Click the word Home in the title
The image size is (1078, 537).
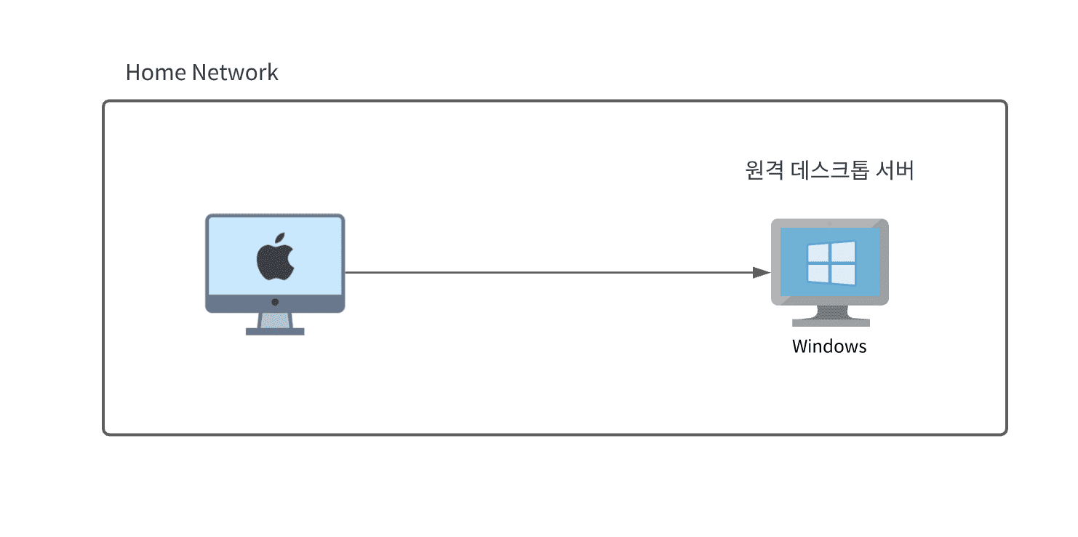(155, 73)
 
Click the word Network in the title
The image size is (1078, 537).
(235, 73)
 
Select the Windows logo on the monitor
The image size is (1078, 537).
(831, 263)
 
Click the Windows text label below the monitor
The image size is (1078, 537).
(829, 346)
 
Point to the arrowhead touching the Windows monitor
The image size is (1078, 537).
(761, 273)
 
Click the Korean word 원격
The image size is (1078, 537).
(764, 171)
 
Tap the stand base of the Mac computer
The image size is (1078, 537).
(275, 331)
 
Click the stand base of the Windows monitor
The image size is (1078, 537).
(830, 321)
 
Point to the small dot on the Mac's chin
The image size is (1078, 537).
(275, 301)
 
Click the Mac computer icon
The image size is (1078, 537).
(275, 273)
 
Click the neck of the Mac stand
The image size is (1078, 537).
(275, 320)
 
